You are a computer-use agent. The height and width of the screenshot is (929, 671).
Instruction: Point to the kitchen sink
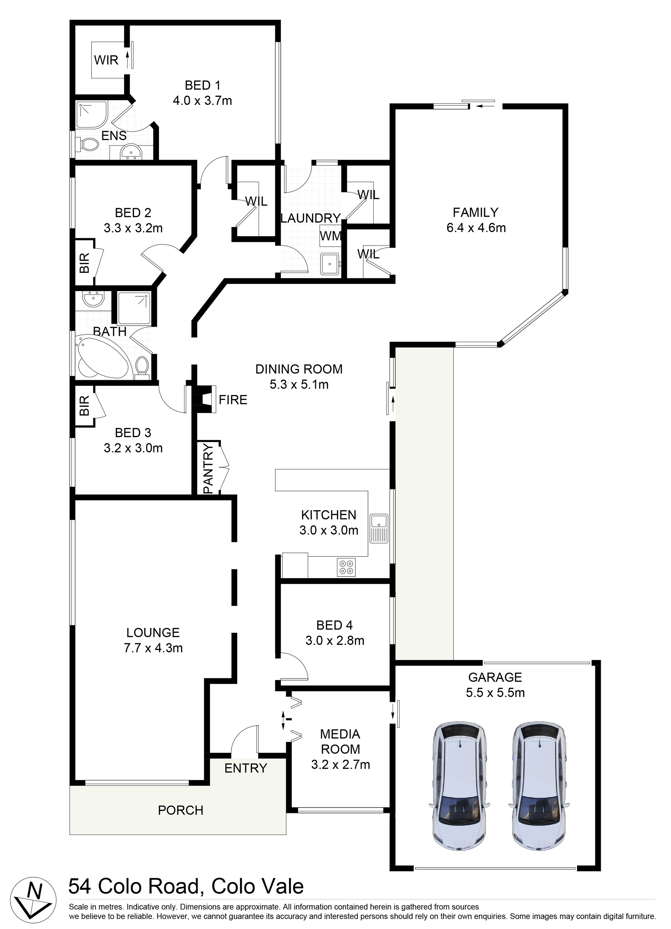coord(379,528)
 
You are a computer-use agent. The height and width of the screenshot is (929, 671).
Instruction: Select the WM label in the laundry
coord(330,236)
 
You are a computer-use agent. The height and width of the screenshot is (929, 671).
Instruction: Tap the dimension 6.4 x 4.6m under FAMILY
coord(476,227)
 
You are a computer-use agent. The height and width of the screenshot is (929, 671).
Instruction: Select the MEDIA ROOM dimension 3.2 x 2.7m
coord(340,764)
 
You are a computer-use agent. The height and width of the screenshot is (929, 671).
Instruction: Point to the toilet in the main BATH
coord(142,365)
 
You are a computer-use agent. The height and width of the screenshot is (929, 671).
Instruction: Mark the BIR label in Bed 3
coord(84,406)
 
